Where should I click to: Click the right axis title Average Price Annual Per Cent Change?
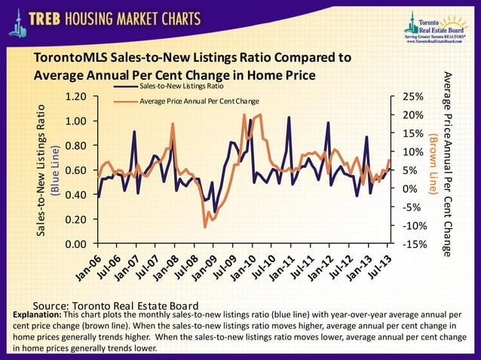(x=446, y=165)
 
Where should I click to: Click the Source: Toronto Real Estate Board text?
(x=105, y=304)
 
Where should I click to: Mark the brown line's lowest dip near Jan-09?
(x=205, y=226)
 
